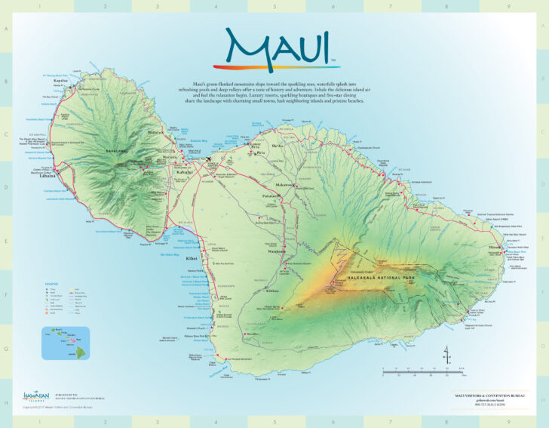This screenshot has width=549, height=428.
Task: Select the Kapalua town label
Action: coord(60,80)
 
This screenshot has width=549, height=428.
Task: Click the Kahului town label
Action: coord(186,171)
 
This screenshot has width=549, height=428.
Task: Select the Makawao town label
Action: coord(286,185)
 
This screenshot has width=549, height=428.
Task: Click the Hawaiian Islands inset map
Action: coord(65,342)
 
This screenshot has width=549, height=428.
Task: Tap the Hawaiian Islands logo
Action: coord(36,395)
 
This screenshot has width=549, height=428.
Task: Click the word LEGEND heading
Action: coord(52,283)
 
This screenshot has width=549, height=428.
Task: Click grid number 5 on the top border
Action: coord(274,7)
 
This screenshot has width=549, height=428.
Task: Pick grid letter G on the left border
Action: coord(7,349)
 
